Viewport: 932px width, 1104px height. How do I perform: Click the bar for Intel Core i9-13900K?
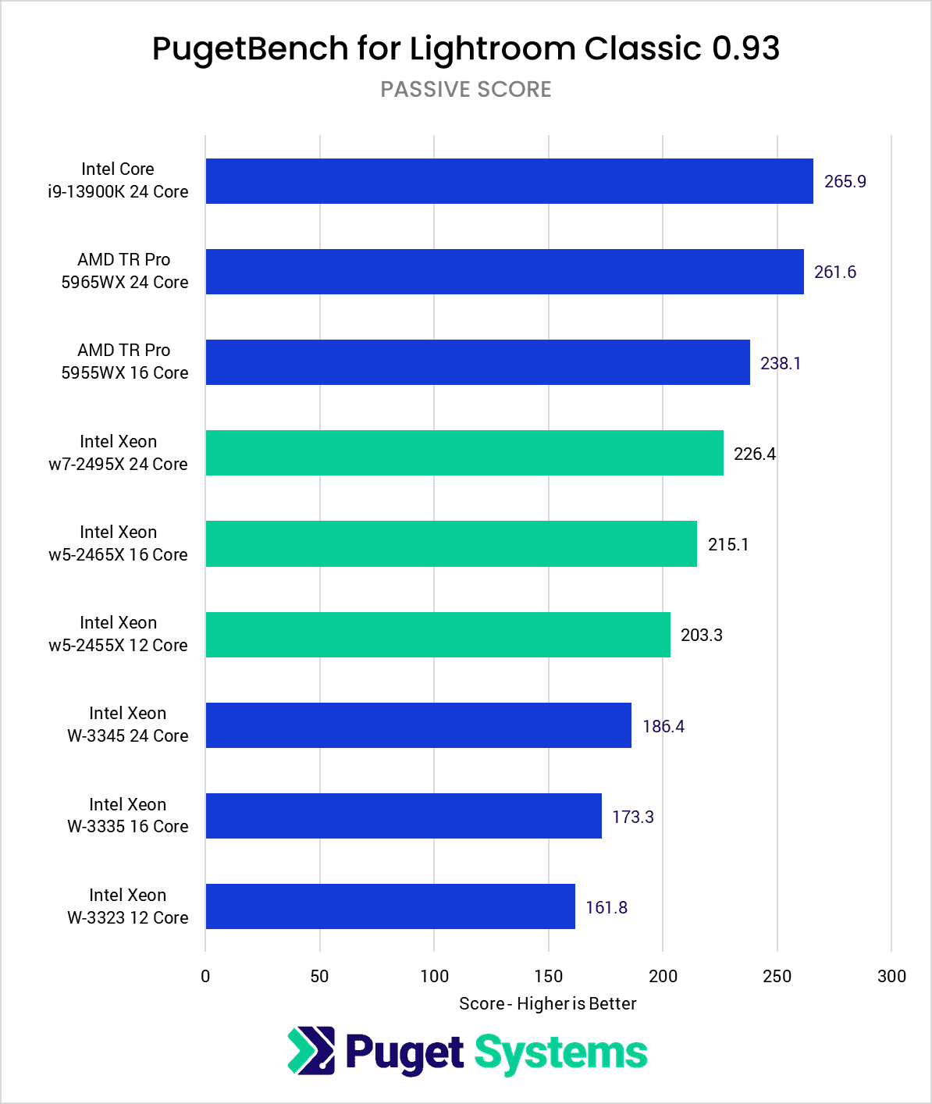pyautogui.click(x=509, y=181)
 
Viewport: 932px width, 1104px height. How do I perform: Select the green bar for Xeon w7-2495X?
pyautogui.click(x=464, y=453)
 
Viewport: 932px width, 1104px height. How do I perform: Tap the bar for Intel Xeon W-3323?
pyautogui.click(x=390, y=906)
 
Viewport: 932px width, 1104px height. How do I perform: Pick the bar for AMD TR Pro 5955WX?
pyautogui.click(x=478, y=362)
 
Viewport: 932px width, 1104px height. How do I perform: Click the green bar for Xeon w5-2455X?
pyautogui.click(x=438, y=635)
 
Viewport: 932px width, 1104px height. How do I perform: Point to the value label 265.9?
pyautogui.click(x=845, y=181)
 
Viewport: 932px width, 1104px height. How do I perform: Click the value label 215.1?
pyautogui.click(x=727, y=544)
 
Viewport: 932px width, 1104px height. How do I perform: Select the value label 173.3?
pyautogui.click(x=632, y=817)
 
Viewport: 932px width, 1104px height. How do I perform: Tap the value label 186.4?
pyautogui.click(x=663, y=726)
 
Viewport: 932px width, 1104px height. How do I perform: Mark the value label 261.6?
pyautogui.click(x=834, y=272)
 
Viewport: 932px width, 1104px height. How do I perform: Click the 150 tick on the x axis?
pyautogui.click(x=549, y=976)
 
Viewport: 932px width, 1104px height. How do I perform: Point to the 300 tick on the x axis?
pyautogui.click(x=891, y=976)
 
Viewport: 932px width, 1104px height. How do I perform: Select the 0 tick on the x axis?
pyautogui.click(x=205, y=976)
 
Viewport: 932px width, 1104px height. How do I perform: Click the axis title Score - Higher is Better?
pyautogui.click(x=547, y=1003)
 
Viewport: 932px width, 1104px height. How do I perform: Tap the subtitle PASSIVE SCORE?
pyautogui.click(x=466, y=90)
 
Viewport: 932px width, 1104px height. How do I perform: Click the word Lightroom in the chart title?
pyautogui.click(x=493, y=48)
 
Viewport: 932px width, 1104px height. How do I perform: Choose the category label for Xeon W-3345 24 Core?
pyautogui.click(x=127, y=725)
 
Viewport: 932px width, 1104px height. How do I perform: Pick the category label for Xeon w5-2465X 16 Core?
pyautogui.click(x=118, y=543)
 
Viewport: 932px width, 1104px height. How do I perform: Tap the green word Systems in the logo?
pyautogui.click(x=561, y=1052)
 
